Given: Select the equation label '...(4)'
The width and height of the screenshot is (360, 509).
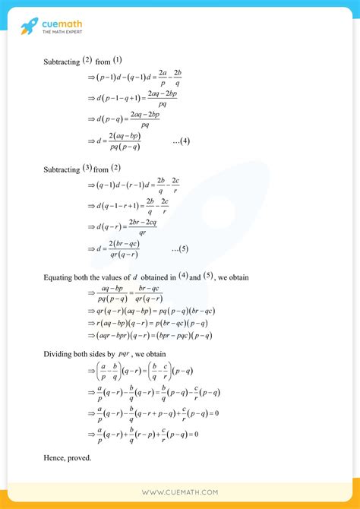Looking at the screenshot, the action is pyautogui.click(x=181, y=141).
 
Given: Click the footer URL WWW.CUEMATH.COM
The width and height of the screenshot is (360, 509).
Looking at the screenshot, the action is pyautogui.click(x=179, y=492).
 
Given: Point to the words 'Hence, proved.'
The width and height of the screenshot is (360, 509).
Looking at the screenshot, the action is pyautogui.click(x=68, y=457).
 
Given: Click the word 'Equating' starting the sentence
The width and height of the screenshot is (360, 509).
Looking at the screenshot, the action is pyautogui.click(x=58, y=277).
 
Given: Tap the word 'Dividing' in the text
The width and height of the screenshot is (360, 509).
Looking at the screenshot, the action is pyautogui.click(x=59, y=353).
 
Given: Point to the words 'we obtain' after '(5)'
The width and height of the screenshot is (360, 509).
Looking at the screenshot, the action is pyautogui.click(x=232, y=277).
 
